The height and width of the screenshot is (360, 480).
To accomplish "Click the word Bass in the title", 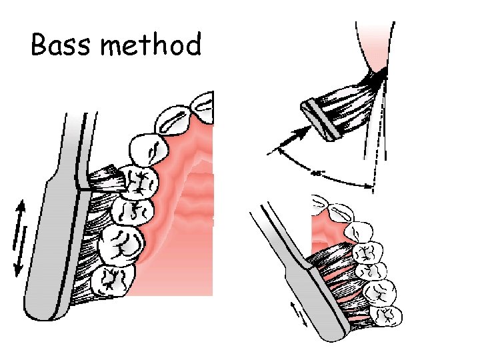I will point(60,45).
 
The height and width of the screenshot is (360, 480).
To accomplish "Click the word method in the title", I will point(153,45).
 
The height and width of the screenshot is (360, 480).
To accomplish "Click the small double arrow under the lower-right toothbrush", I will point(298,313).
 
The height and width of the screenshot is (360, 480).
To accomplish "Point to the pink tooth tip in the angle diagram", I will point(376,56).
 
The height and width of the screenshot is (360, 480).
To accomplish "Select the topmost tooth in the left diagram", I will point(199,104).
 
